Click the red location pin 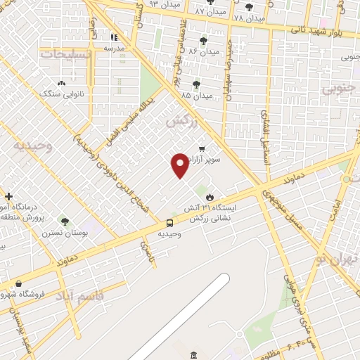click(180, 165)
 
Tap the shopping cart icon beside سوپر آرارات click(202, 149)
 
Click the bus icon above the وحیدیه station click(170, 223)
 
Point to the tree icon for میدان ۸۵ click(196, 84)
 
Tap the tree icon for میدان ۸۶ click(204, 41)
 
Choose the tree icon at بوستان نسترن click(65, 221)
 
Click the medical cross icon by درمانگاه click(8, 196)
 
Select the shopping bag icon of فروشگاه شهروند click(18, 283)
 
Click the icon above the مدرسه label click(114, 37)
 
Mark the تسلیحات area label click(65, 55)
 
